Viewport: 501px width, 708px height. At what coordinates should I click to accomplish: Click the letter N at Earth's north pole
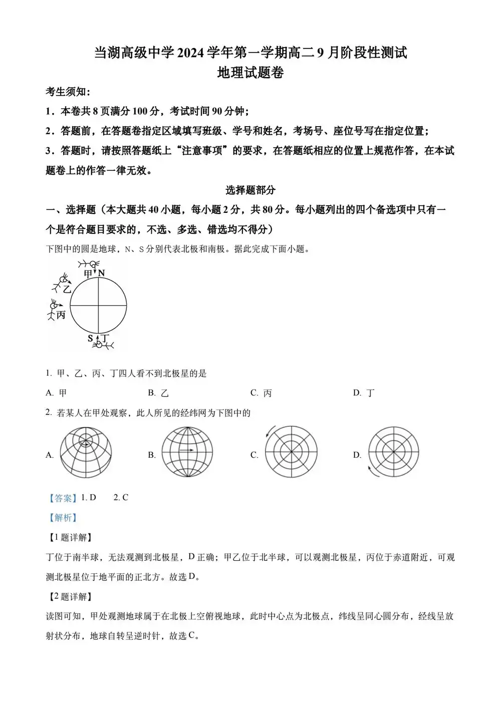click(101, 273)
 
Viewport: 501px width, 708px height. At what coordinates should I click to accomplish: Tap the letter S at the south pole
click(91, 338)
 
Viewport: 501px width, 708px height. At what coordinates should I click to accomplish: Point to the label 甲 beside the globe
click(89, 273)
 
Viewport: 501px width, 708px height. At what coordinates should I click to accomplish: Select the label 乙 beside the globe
click(67, 289)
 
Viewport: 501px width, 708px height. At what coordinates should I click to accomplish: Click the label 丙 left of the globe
click(61, 315)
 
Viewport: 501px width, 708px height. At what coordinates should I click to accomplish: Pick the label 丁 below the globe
click(105, 338)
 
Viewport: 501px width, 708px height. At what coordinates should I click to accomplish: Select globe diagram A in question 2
click(86, 452)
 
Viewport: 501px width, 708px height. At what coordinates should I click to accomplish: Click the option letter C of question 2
click(254, 455)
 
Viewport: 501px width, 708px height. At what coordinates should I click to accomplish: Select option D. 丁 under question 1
click(364, 393)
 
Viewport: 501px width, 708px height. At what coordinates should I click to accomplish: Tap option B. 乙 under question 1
click(158, 393)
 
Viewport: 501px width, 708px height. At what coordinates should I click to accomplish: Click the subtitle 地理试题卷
click(250, 73)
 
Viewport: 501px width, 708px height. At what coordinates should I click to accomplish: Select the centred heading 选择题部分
click(250, 190)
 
